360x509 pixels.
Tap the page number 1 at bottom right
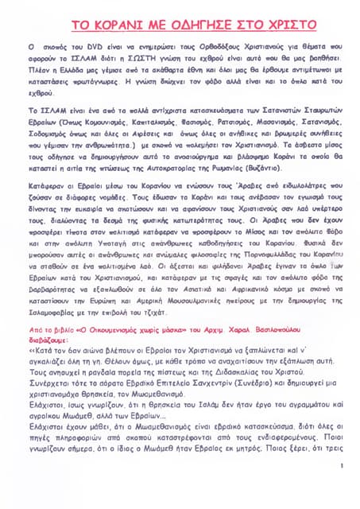point(339,465)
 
